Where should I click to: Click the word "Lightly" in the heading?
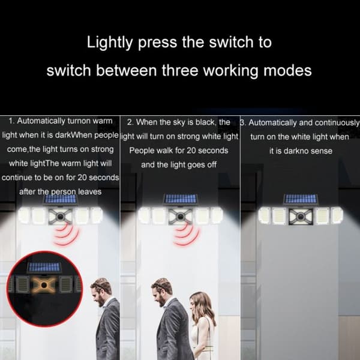(110, 43)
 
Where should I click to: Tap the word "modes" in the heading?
(287, 70)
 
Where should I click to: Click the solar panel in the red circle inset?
(44, 268)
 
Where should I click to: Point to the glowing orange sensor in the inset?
(44, 286)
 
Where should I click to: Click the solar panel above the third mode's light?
(301, 199)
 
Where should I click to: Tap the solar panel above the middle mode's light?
(181, 199)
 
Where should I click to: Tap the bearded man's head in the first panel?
(101, 292)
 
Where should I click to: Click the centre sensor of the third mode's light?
(301, 216)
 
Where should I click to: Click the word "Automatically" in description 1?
(41, 121)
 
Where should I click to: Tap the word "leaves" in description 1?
(90, 192)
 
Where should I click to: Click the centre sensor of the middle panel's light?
(181, 216)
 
